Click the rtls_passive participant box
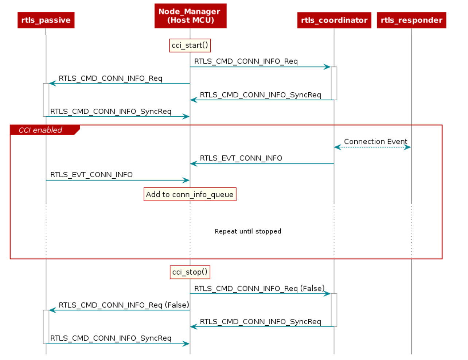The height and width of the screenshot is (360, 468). tap(46, 20)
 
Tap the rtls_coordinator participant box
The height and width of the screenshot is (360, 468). tap(334, 20)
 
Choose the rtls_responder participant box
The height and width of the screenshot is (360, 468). tap(411, 20)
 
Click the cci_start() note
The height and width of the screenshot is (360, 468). tap(190, 46)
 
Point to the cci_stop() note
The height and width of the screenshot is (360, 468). tap(190, 272)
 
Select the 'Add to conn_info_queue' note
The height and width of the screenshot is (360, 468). tap(190, 194)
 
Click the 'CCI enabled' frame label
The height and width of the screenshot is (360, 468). tap(40, 130)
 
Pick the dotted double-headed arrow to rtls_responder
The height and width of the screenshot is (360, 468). tap(373, 147)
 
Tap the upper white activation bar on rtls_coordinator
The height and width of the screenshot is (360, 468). tap(334, 83)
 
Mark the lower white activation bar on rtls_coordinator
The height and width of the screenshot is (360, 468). tap(334, 310)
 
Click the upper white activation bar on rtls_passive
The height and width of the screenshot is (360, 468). tap(46, 100)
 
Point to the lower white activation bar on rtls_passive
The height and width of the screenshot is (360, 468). tap(46, 327)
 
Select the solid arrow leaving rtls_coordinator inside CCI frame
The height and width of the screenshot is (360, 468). tap(262, 164)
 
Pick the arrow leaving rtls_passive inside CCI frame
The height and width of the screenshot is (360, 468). tap(118, 180)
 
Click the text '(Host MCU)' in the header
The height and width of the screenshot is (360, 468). tap(190, 20)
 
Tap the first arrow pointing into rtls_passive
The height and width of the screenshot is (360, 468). tap(119, 84)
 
